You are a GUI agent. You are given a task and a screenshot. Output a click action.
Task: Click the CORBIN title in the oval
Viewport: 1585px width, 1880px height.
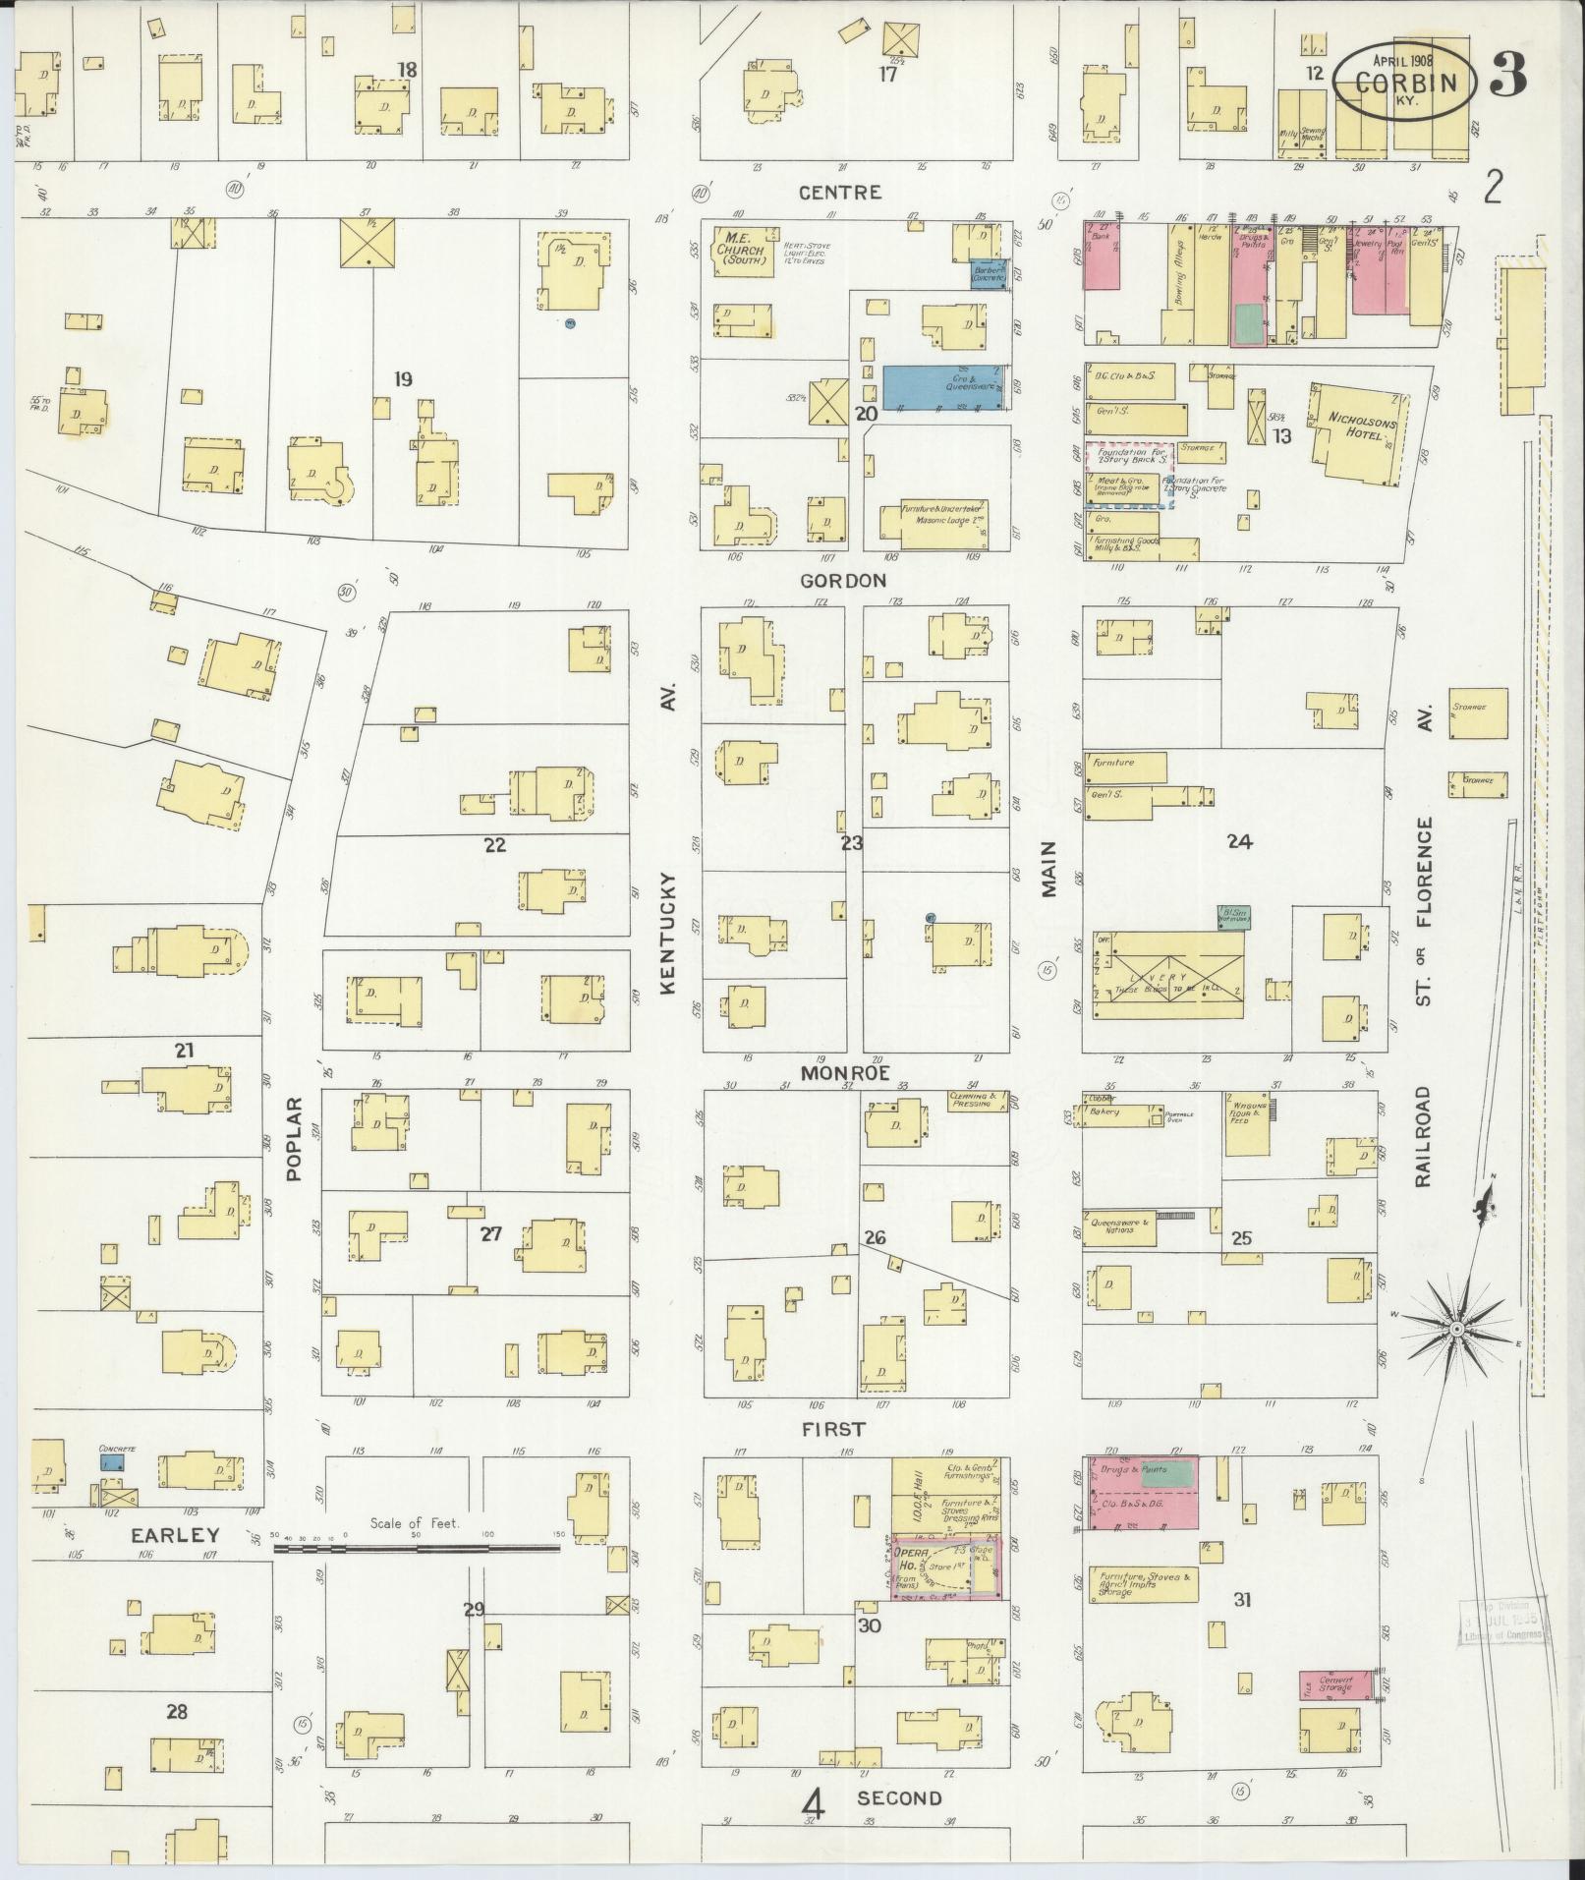click(1403, 84)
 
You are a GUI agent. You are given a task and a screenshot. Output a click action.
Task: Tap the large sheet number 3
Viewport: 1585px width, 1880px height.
click(1507, 74)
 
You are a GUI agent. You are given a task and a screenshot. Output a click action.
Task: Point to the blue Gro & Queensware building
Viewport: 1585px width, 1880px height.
click(944, 387)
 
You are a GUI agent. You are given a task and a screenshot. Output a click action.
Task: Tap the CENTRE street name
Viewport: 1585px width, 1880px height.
click(839, 193)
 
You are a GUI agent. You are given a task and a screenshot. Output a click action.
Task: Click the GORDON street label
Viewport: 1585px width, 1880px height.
click(842, 581)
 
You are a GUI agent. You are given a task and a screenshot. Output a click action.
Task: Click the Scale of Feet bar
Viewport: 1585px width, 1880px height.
click(417, 1549)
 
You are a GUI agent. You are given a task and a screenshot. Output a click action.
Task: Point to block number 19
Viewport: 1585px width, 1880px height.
click(402, 379)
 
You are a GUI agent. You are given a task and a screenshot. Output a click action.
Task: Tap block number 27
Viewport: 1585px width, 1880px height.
click(490, 1234)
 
